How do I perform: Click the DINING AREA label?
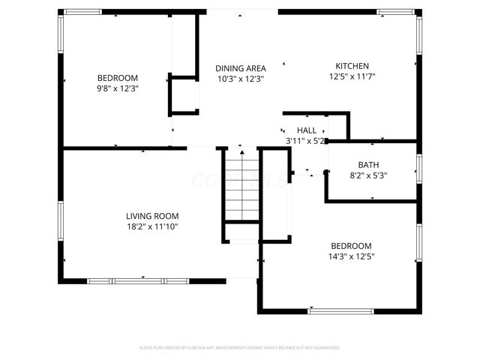pos(240,67)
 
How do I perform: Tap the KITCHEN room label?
pos(352,65)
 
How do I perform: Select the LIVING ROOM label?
pos(151,216)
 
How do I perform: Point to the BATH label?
pos(368,165)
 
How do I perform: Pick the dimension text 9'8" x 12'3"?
pos(118,88)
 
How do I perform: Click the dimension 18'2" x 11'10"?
pos(151,226)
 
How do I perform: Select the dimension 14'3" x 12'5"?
pos(352,256)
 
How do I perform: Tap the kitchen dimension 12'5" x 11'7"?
pos(352,76)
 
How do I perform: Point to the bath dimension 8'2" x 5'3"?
pos(368,175)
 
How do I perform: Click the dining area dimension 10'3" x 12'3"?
pos(240,79)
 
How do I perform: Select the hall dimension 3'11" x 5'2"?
pos(304,141)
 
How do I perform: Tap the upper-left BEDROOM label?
pos(118,78)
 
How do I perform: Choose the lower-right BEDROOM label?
pos(352,246)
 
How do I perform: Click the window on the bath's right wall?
pos(418,168)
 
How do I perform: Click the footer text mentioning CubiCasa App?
pos(240,348)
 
